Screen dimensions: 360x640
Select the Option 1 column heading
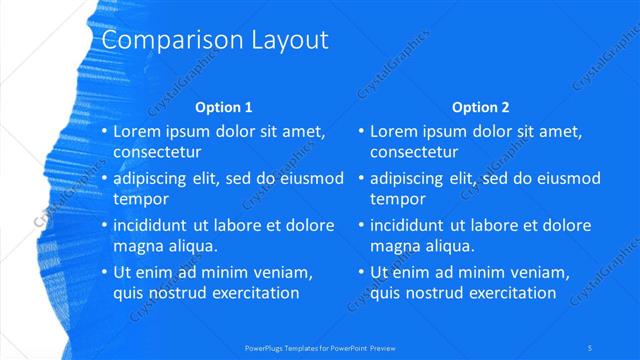click(x=223, y=107)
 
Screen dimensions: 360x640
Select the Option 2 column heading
click(x=480, y=107)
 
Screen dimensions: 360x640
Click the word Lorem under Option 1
click(x=136, y=131)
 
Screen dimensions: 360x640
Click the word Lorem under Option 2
click(x=393, y=131)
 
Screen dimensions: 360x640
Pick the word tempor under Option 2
click(x=398, y=200)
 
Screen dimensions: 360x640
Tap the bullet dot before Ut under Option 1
click(x=104, y=272)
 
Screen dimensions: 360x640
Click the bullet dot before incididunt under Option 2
click(x=361, y=225)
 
